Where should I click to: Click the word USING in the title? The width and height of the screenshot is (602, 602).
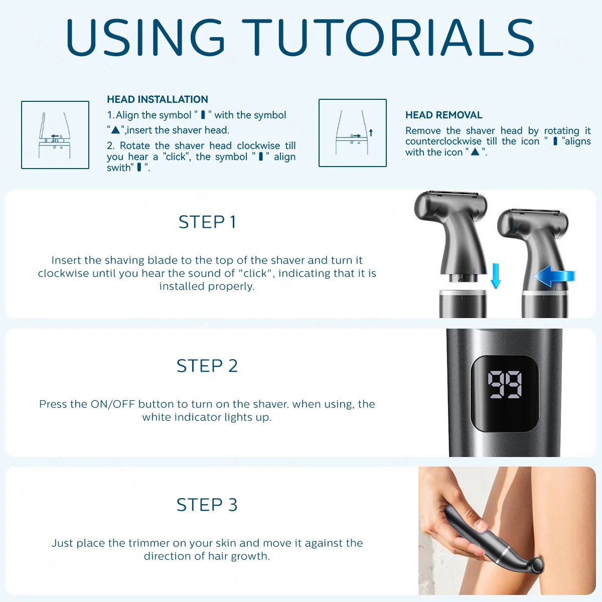[x=145, y=38]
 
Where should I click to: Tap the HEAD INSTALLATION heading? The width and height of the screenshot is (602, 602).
[x=158, y=99]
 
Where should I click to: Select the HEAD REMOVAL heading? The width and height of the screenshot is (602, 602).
[x=443, y=115]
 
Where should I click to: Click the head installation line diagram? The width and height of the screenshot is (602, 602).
[x=55, y=135]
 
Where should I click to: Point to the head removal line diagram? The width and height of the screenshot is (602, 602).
[x=353, y=133]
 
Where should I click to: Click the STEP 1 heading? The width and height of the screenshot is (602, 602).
[x=207, y=222]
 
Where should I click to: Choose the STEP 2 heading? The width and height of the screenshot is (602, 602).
[x=207, y=366]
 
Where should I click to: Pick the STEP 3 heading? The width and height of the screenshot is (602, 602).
[x=207, y=505]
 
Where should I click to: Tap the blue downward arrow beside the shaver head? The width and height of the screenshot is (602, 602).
[x=496, y=276]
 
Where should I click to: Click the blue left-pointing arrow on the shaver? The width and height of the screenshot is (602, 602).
[x=554, y=276]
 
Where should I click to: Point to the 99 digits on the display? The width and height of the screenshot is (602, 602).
[x=505, y=385]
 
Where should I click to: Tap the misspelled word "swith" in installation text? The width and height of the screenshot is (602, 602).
[x=119, y=168]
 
